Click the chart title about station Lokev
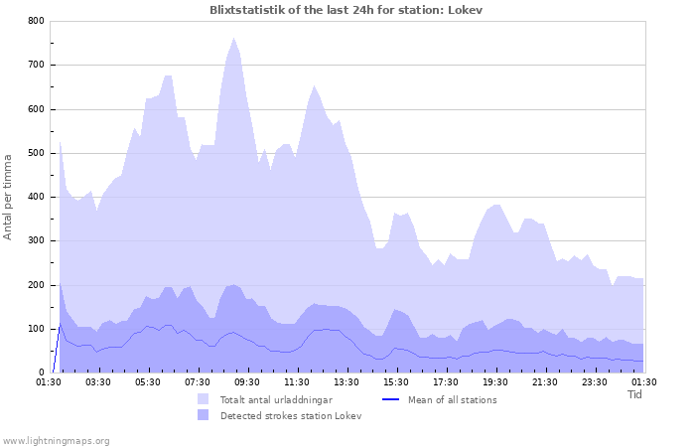(347, 9)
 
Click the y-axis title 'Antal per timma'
(9, 197)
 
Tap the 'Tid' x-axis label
(635, 394)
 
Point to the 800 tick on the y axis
(35, 21)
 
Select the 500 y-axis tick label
(35, 153)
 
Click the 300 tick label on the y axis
(35, 241)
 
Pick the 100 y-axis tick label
(35, 329)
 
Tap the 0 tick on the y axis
(41, 372)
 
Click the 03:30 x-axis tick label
(98, 381)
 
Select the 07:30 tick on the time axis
(198, 381)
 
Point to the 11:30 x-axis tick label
(297, 381)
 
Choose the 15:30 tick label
(396, 381)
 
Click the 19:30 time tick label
(495, 381)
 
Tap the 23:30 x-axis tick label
(595, 381)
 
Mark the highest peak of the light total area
(233, 39)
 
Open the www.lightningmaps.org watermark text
(56, 440)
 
